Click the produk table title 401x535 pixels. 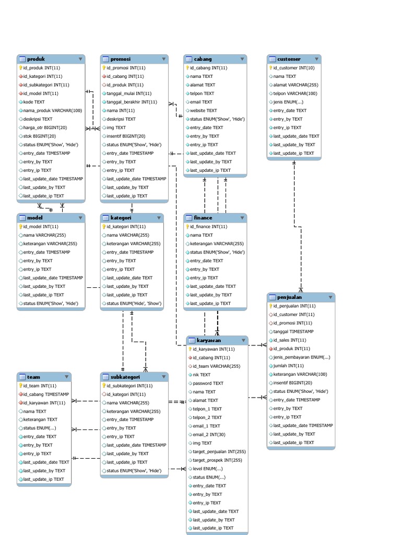click(36, 59)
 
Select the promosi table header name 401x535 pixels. click(120, 59)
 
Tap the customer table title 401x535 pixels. click(289, 59)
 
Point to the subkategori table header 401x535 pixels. click(125, 377)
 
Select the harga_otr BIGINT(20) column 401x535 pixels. click(45, 127)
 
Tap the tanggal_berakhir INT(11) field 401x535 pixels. click(132, 102)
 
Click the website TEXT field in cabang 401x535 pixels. click(203, 110)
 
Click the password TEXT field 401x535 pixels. click(208, 383)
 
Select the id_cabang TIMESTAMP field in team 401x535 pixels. click(46, 394)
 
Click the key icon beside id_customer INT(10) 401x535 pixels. click(270, 68)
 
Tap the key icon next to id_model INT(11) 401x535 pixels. click(20, 227)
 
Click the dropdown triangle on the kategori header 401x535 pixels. click(158, 218)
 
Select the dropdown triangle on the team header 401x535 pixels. click(66, 377)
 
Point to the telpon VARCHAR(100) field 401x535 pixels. click(294, 94)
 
